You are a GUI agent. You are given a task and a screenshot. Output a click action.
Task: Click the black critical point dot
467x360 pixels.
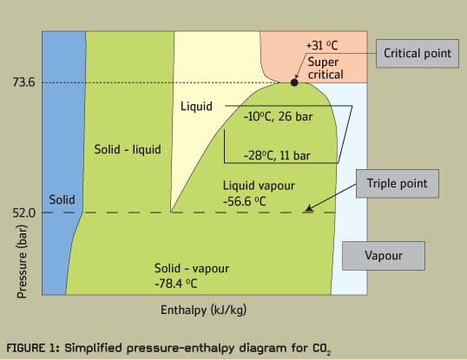[294, 82]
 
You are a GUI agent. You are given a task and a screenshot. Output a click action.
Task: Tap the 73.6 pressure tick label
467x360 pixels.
[23, 82]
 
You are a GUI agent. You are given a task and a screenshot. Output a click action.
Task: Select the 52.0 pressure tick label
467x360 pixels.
[23, 213]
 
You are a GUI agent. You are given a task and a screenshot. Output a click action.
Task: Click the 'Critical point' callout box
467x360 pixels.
[418, 54]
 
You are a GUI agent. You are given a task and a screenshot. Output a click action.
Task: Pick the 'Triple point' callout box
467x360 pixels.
[398, 184]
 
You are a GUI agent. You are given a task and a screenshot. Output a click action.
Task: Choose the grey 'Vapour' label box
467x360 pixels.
[384, 256]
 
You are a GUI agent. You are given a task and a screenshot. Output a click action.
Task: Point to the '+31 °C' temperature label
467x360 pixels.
[322, 45]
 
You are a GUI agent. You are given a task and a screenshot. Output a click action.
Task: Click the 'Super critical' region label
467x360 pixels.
[326, 69]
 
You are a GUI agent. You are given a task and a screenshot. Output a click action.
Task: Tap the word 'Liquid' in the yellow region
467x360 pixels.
[196, 106]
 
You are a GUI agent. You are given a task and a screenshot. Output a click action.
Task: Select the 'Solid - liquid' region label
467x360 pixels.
[128, 149]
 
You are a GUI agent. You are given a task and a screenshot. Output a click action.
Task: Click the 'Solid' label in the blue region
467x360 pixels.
[62, 200]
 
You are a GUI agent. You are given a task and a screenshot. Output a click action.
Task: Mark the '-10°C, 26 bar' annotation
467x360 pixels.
[278, 116]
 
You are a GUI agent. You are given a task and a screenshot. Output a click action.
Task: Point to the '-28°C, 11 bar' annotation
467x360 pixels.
[277, 155]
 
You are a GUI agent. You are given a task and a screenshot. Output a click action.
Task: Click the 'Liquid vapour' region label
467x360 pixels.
[259, 186]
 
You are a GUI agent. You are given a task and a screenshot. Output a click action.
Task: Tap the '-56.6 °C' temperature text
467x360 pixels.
[245, 201]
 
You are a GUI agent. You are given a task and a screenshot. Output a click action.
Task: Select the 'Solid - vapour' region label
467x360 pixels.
[192, 268]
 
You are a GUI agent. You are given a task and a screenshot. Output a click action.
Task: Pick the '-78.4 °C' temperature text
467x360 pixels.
[176, 284]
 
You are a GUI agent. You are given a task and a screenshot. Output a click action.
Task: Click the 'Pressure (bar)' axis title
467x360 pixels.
[22, 261]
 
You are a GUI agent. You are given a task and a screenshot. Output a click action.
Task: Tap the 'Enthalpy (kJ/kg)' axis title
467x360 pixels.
[204, 310]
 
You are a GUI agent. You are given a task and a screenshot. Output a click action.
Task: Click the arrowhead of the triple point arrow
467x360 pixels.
[308, 208]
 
